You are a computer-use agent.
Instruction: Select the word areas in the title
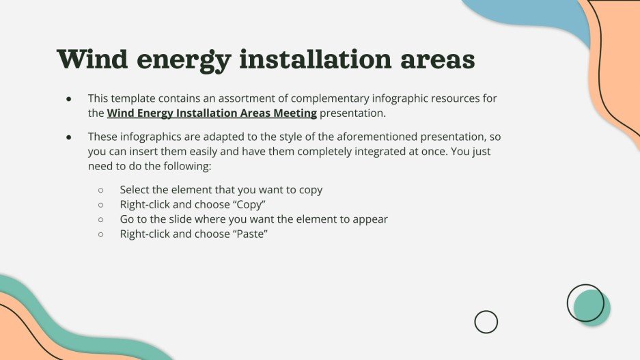437,59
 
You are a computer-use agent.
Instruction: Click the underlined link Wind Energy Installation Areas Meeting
212,113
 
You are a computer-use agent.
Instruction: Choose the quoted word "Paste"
251,234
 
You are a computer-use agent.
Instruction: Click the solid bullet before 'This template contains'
69,99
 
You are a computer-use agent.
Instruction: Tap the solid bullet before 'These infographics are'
69,137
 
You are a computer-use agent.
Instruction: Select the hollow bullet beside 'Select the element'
101,191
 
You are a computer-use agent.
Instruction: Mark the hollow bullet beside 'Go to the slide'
101,220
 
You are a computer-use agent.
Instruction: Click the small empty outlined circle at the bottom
486,322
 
